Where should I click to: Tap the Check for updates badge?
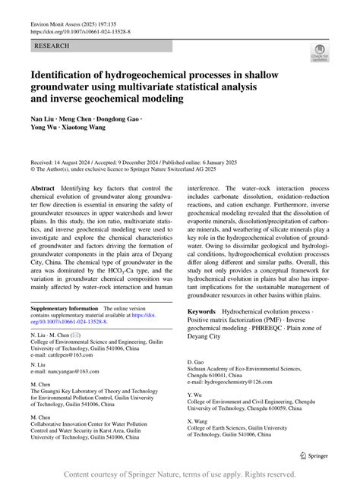319,53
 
